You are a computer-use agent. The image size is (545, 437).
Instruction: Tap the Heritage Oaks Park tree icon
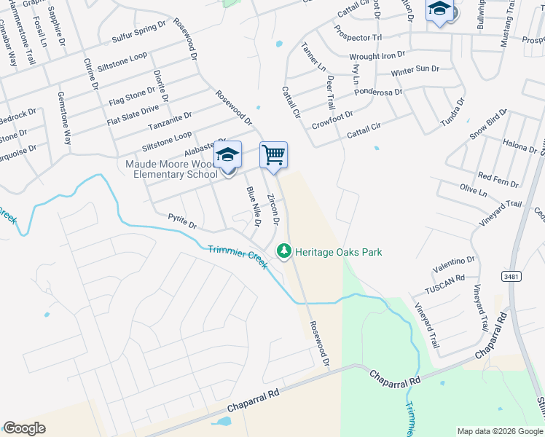[x=283, y=252]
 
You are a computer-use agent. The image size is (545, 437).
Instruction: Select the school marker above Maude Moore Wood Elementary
[x=227, y=156]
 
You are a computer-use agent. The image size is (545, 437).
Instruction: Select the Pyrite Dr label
[x=182, y=221]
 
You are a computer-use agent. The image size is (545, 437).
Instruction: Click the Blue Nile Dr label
[x=253, y=205]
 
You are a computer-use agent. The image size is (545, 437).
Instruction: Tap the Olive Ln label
[x=474, y=191]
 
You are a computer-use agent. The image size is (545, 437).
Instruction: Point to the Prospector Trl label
[x=356, y=33]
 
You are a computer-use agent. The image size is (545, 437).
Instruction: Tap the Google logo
[x=24, y=428]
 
